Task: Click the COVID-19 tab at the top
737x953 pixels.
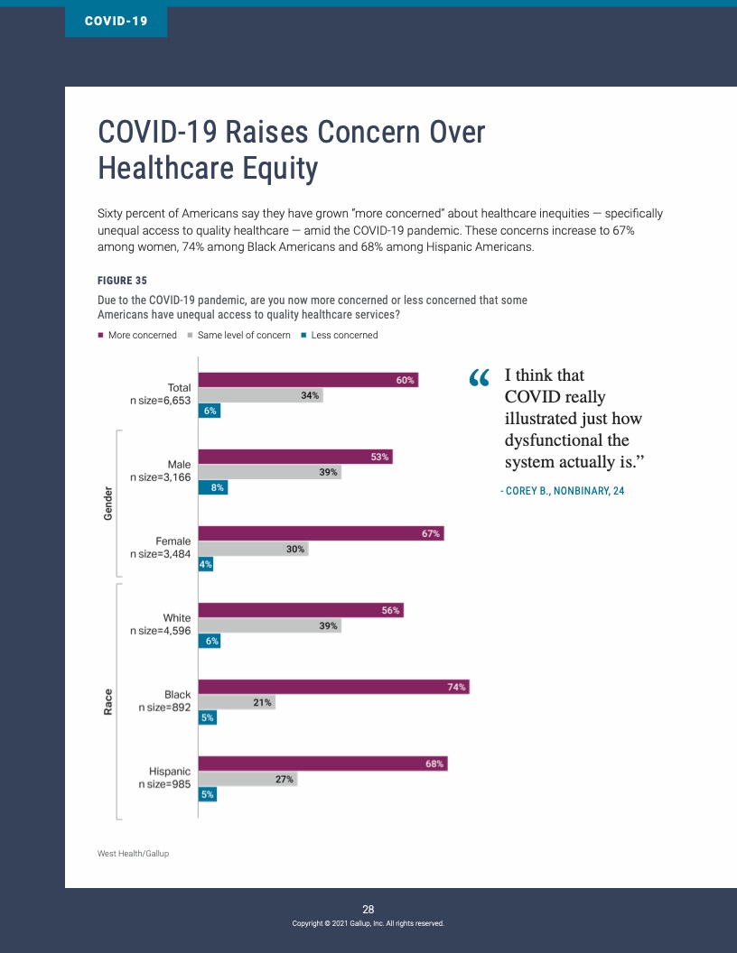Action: click(x=116, y=20)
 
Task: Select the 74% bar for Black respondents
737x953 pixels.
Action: click(x=333, y=687)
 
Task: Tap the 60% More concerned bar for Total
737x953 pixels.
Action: click(x=307, y=381)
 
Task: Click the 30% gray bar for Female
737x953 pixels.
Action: click(x=253, y=549)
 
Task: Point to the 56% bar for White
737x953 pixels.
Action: click(x=300, y=610)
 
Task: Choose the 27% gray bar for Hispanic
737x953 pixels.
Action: click(x=247, y=779)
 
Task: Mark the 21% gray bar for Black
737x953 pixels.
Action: click(x=237, y=702)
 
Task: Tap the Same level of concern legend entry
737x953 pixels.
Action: click(x=238, y=335)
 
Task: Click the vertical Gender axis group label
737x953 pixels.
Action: click(x=107, y=504)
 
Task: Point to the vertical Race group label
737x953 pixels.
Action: click(x=107, y=701)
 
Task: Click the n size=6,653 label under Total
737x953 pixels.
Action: click(x=161, y=400)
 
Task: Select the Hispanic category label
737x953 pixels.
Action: click(x=170, y=772)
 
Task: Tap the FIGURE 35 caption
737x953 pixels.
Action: click(x=122, y=280)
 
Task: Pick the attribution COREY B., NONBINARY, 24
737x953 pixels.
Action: click(x=562, y=491)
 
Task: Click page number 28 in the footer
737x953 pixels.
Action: click(x=368, y=909)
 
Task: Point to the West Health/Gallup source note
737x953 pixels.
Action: click(x=133, y=853)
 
